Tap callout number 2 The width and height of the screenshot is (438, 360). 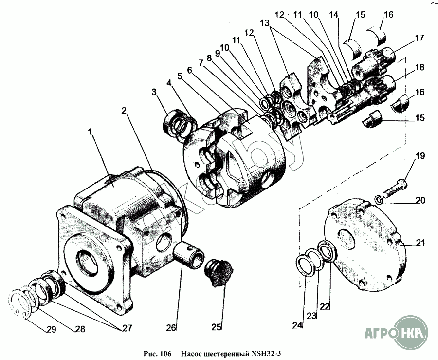click(125, 111)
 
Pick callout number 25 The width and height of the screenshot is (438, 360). click(216, 326)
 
